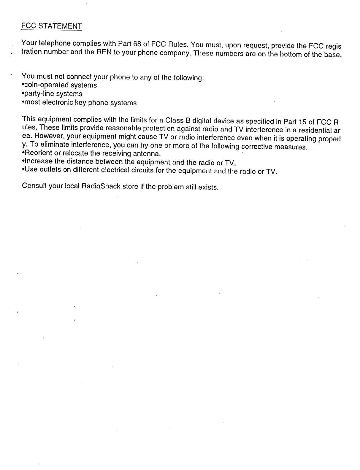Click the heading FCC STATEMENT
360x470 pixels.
51,26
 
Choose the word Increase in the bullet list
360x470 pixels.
37,161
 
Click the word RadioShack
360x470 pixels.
101,187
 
